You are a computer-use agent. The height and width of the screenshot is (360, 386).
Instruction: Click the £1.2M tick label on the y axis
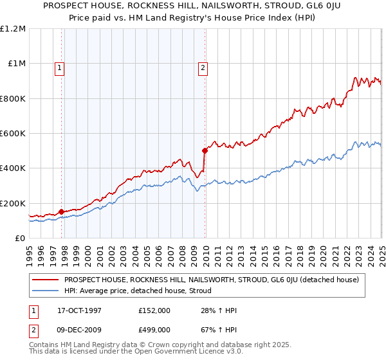point(13,29)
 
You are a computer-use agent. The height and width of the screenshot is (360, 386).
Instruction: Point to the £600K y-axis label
point(13,134)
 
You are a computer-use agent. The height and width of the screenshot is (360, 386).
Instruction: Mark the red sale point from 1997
point(62,212)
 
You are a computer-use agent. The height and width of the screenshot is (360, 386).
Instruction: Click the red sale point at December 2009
point(205,151)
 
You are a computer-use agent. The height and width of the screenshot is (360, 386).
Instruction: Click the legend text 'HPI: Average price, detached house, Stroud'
point(138,291)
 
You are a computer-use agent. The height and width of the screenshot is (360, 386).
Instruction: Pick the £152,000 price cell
point(154,310)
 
